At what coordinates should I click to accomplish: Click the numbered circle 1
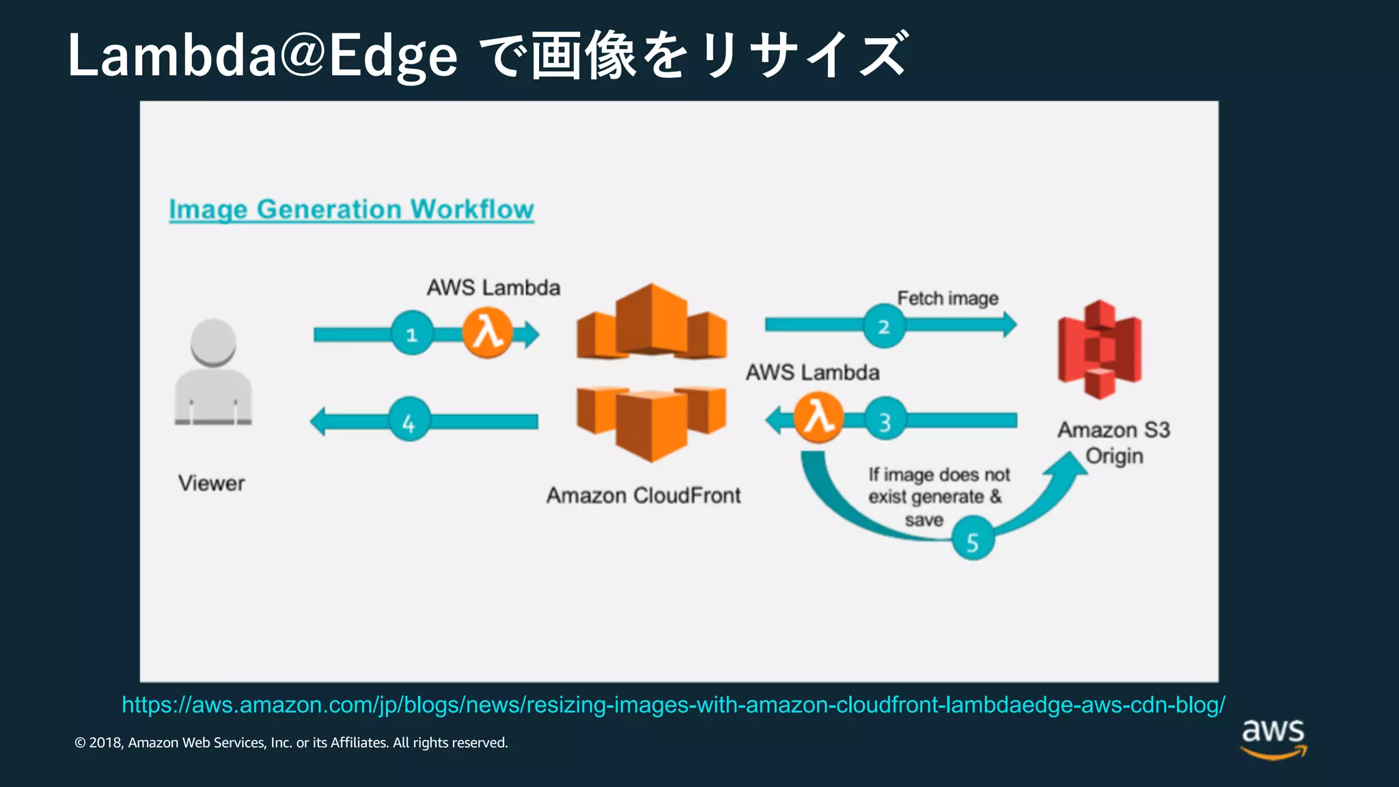(x=412, y=334)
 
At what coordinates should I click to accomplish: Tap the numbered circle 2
(x=883, y=327)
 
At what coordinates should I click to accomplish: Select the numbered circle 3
(x=885, y=421)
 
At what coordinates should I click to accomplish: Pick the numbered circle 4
(x=408, y=421)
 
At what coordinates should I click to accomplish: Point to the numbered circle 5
(x=973, y=540)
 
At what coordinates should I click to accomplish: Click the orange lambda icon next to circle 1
(x=487, y=333)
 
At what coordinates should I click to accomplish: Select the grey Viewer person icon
(x=213, y=373)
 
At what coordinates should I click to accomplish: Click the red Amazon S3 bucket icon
(x=1099, y=350)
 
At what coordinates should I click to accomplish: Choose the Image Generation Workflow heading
(x=351, y=209)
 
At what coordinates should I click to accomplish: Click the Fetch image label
(x=947, y=299)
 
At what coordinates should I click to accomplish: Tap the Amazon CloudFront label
(x=643, y=495)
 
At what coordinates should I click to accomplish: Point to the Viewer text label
(x=212, y=484)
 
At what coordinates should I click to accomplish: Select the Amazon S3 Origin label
(x=1113, y=443)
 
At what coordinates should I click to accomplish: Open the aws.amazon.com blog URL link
(x=673, y=704)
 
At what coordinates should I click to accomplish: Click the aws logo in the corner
(x=1273, y=737)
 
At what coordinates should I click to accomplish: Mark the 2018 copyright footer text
(x=291, y=743)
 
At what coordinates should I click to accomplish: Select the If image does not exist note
(x=938, y=497)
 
